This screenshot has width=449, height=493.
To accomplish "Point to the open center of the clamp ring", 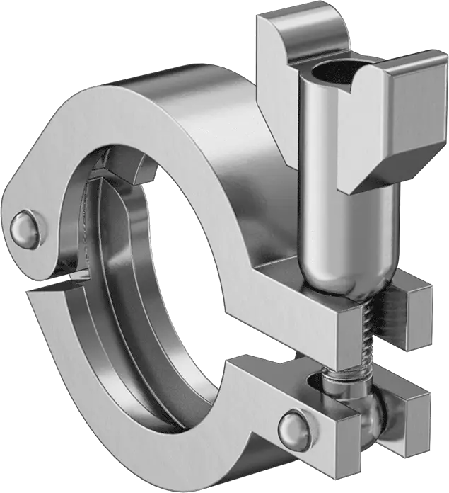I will point(198,269).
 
